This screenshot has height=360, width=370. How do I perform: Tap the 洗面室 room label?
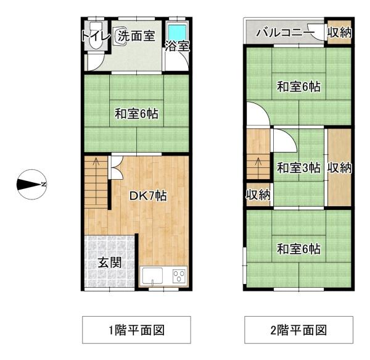pos(137,36)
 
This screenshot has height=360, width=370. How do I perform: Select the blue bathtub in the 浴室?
pos(177,32)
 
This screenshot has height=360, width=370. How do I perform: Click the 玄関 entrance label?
pos(109,262)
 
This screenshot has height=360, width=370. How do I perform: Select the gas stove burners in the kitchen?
pos(179,276)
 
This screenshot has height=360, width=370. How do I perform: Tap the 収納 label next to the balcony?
pos(339,33)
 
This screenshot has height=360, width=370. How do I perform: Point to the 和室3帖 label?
pos(298,167)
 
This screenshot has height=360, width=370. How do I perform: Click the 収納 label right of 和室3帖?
pos(339,167)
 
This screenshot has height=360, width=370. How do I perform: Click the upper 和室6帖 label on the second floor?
pos(298,87)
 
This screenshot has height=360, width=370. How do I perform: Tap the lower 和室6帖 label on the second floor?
pos(298,249)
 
